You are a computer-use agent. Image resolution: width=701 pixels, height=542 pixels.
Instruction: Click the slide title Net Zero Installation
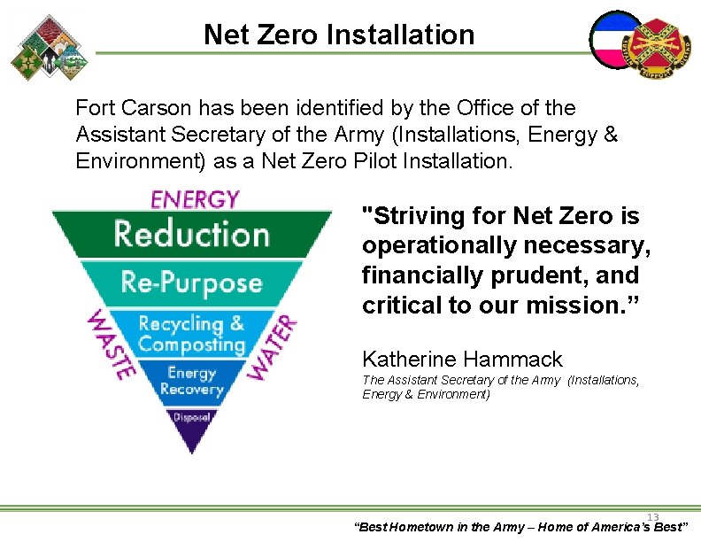[x=339, y=35]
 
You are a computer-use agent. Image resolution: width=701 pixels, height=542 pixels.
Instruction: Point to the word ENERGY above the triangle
[x=196, y=199]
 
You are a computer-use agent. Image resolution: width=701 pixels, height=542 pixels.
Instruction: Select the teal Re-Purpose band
[x=191, y=283]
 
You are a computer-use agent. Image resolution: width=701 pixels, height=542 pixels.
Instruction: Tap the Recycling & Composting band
[x=191, y=334]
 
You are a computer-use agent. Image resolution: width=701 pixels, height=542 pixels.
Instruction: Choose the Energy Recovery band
[x=191, y=382]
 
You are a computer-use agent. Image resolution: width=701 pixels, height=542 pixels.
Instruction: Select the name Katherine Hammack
[x=462, y=359]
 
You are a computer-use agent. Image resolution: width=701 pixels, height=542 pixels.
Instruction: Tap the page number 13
[x=653, y=517]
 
